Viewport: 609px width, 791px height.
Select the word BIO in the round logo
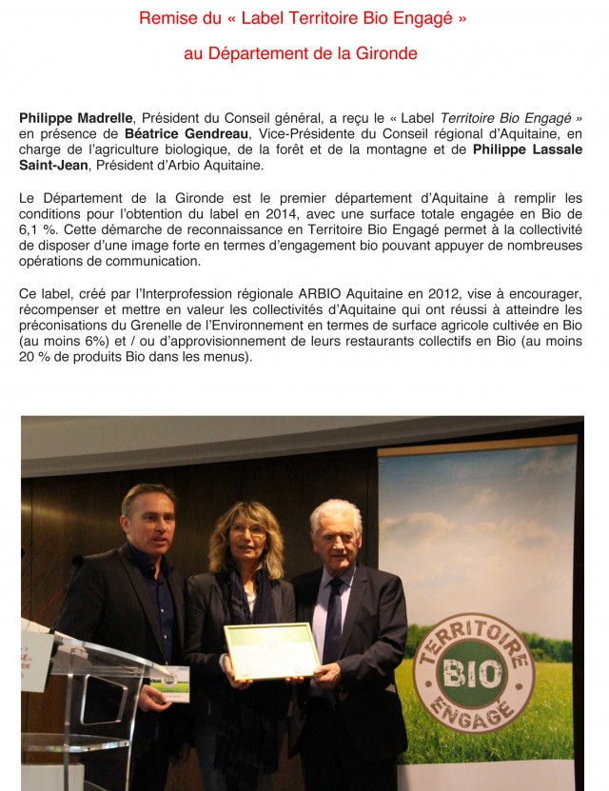pyautogui.click(x=473, y=674)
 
